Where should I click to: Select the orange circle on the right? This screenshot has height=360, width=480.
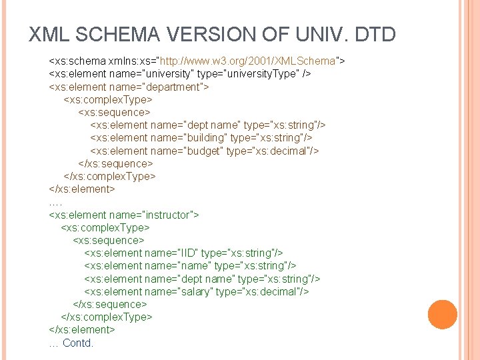442,315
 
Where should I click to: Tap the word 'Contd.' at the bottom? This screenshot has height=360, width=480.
78,343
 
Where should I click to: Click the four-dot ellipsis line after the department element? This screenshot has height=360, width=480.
55,201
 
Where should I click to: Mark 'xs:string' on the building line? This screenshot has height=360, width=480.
278,138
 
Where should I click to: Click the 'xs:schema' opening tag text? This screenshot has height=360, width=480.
76,61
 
